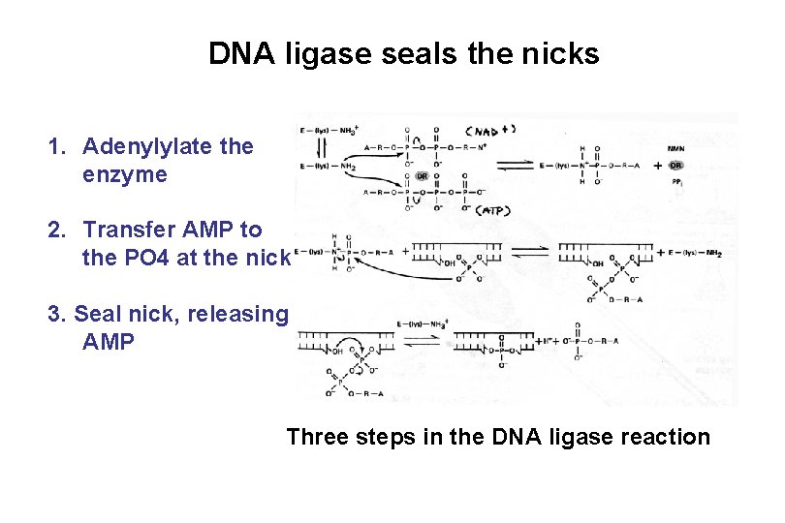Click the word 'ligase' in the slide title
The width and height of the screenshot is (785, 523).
click(330, 54)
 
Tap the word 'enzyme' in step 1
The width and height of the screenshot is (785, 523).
click(125, 175)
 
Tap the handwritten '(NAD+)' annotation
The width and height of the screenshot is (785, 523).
click(490, 130)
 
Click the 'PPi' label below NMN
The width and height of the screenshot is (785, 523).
click(675, 180)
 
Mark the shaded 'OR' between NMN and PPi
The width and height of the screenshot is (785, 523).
click(675, 165)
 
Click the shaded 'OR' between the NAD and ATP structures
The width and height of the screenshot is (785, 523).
click(422, 176)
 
